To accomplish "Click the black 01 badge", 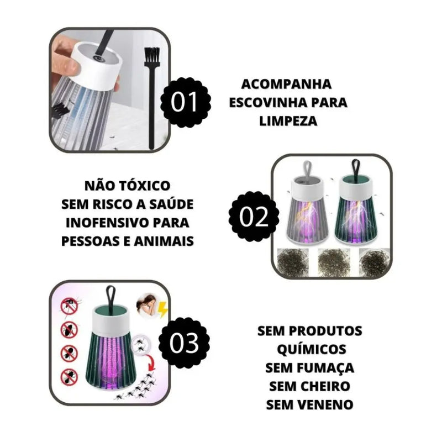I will pos(185,103).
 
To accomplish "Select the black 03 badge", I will pos(183,343).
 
